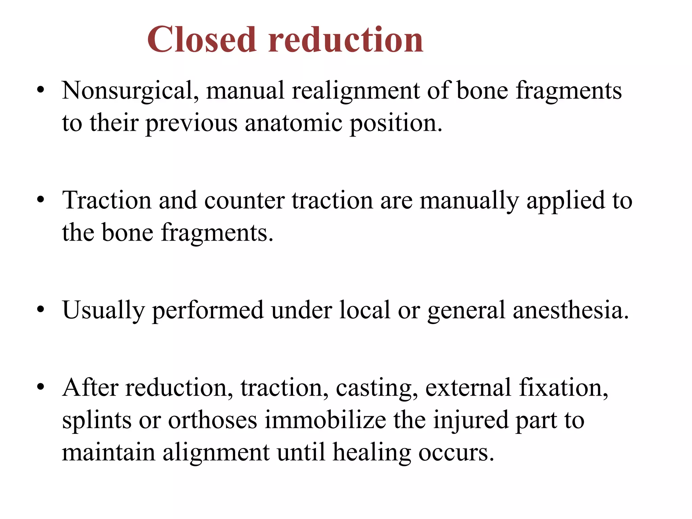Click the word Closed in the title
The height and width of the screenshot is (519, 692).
202,40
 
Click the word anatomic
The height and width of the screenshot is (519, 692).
293,123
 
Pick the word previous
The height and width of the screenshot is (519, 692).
192,123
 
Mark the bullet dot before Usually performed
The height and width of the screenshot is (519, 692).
41,310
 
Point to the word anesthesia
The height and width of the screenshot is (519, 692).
571,310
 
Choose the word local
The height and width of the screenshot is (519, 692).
365,310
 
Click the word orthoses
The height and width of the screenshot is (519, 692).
213,420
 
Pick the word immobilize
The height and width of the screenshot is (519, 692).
325,420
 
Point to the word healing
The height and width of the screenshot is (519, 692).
372,452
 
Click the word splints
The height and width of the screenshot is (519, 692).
97,420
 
